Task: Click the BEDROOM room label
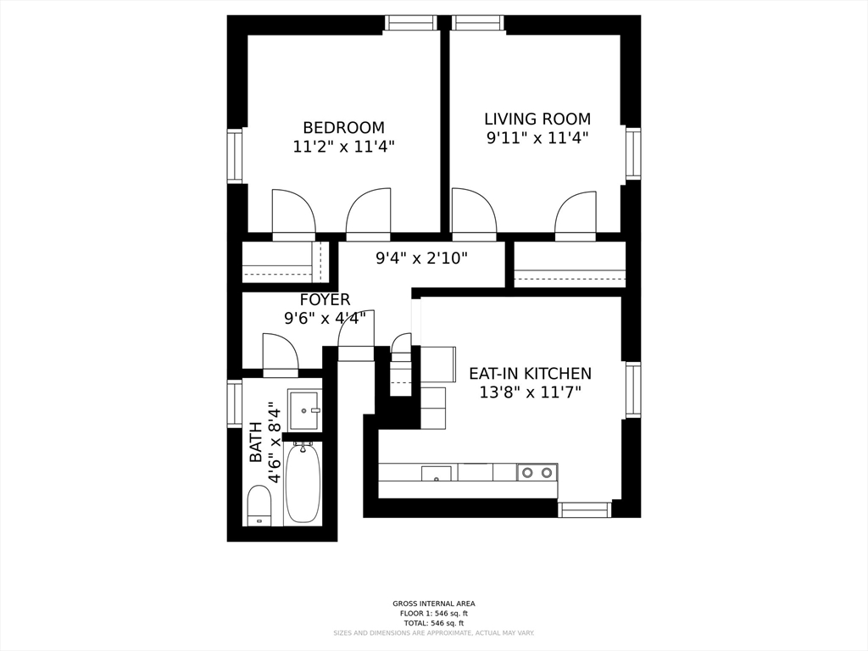coord(343,127)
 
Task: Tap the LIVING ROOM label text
coord(537,119)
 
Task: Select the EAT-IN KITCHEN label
coord(531,373)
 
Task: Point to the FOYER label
coord(325,300)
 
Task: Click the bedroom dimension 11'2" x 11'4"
coord(343,147)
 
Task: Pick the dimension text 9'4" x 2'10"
coord(421,258)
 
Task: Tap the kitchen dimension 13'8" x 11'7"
coord(531,392)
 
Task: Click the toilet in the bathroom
coord(259,505)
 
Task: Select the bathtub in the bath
coord(303,482)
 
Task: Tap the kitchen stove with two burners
coord(537,472)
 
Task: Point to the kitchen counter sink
coord(437,474)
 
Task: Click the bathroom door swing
coord(280,354)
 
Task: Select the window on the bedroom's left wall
coord(235,155)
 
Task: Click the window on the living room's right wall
coord(632,153)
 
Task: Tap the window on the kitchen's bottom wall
coord(584,509)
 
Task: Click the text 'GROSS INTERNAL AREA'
coord(433,604)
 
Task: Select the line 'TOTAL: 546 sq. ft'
coord(433,623)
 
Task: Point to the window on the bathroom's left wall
coord(235,403)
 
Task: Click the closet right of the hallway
coord(570,265)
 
